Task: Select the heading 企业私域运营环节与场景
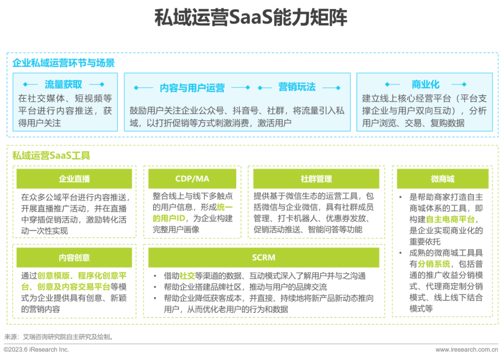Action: coord(63,63)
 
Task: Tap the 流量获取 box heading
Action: coord(63,84)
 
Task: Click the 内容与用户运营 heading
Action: coord(192,88)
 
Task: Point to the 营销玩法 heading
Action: coord(297,87)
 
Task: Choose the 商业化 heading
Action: coord(425,84)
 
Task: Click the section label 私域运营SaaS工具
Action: coord(51,155)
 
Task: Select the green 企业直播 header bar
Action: coord(74,179)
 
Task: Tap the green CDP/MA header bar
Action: coord(192,179)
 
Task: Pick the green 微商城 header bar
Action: coord(442,179)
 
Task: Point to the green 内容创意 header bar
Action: coord(74,257)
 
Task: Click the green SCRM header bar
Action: coord(264,257)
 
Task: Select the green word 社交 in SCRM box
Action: coord(187,276)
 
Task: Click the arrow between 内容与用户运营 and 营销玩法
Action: coord(241,88)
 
